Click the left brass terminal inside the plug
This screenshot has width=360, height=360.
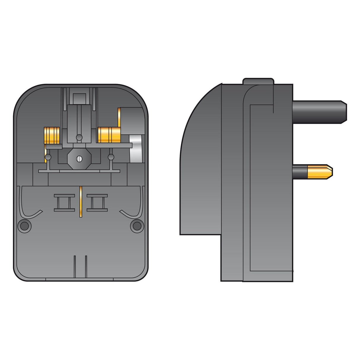click(x=52, y=135)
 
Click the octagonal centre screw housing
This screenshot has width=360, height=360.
click(x=79, y=159)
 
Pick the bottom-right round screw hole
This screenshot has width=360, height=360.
click(x=137, y=226)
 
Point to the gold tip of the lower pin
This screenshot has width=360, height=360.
click(x=320, y=172)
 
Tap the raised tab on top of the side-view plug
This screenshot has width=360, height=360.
click(x=258, y=81)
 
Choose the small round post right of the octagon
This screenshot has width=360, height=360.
click(x=111, y=157)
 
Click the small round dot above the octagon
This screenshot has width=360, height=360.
click(x=79, y=137)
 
